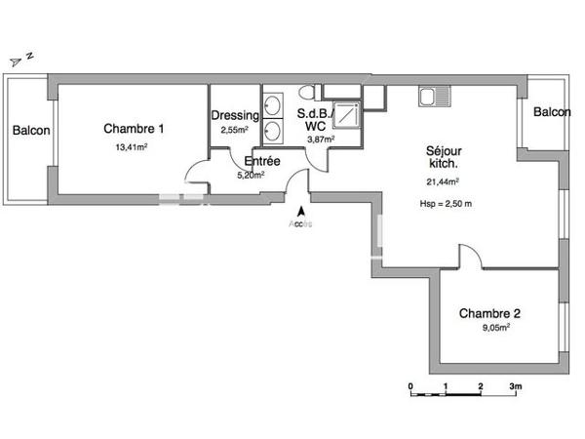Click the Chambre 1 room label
point(134,128)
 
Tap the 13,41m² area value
point(131,147)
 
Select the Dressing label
point(235,115)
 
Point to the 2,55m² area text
point(234,130)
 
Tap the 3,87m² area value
point(321,140)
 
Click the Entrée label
point(262,161)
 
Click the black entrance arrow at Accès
point(301,210)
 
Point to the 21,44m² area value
point(443,181)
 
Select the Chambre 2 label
point(489,313)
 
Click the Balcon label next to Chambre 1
point(31,129)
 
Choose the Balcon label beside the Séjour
point(552,113)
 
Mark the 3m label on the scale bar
point(516,386)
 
